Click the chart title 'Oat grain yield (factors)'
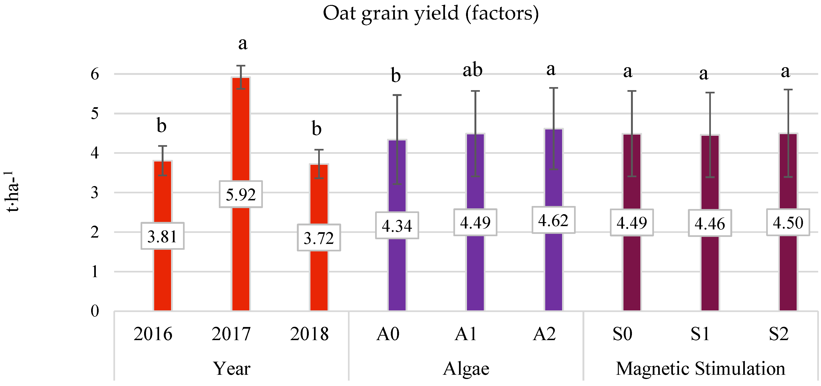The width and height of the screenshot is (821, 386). pos(431,13)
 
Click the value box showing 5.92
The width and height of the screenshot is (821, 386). pos(241,195)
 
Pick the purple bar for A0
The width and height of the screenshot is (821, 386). pos(397,271)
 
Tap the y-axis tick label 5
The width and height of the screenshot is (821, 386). pos(95,114)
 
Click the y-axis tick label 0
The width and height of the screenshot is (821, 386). pos(95,311)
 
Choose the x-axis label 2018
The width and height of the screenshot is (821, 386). pos(309,334)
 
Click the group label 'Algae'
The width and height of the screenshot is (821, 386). pos(466,369)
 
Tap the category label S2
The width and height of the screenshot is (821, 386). pos(779,334)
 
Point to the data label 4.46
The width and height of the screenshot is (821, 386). pos(710,224)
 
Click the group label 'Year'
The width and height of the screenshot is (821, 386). pos(231,369)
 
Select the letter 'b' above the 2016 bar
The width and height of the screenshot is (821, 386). pos(162,125)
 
